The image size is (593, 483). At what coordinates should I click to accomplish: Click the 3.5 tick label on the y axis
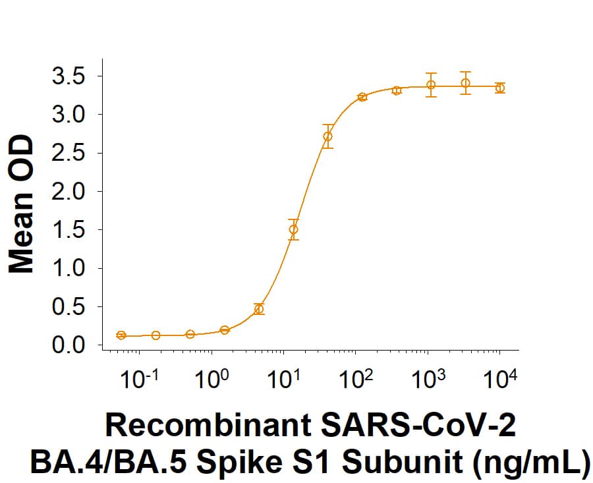pos(69,76)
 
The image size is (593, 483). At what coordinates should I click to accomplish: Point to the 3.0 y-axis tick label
pos(69,115)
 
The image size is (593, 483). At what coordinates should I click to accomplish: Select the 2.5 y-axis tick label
pos(69,154)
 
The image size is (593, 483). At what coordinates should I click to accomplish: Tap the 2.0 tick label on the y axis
pos(69,192)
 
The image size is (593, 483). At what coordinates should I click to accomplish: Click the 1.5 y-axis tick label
pos(69,230)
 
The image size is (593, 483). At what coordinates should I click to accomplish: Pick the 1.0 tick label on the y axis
pos(69,268)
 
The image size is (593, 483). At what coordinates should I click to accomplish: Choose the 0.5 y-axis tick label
pos(69,307)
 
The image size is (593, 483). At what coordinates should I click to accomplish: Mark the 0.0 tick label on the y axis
pos(69,345)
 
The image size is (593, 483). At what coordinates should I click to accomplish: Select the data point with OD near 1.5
pos(293,229)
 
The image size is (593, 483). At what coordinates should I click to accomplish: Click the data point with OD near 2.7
pos(327,136)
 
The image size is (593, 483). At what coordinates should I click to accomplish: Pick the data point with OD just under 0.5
pos(259,308)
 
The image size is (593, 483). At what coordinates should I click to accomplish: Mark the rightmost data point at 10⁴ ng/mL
pos(500,88)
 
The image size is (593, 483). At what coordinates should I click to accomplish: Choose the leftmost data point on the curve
pos(121,335)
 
